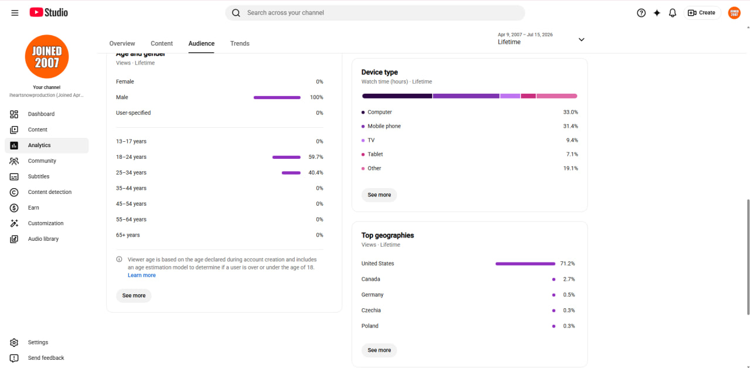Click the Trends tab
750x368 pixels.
coord(240,43)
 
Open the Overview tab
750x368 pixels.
coord(122,43)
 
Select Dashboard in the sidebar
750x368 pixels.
coord(41,114)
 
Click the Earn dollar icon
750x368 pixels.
coord(14,208)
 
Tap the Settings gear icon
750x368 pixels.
coord(14,343)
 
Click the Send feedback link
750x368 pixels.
coord(46,358)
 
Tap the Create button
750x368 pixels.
coord(701,13)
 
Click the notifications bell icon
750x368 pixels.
coord(672,13)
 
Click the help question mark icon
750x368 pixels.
coord(641,13)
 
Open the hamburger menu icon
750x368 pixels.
coord(15,13)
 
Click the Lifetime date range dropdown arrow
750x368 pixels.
coord(582,39)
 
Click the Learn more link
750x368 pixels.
coord(142,275)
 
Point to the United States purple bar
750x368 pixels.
coord(526,264)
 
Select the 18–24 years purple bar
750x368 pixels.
coord(287,157)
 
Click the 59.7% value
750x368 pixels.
coord(316,157)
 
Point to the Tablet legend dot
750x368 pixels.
coord(363,154)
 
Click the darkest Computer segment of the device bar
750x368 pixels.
coord(397,96)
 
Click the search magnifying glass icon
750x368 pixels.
coord(236,13)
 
